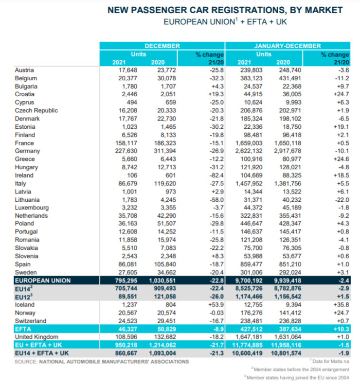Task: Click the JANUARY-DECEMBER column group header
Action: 288,46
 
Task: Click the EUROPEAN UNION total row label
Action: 43,280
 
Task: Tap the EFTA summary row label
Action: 23,329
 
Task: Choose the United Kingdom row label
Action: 37,337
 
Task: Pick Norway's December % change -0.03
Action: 214,313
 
